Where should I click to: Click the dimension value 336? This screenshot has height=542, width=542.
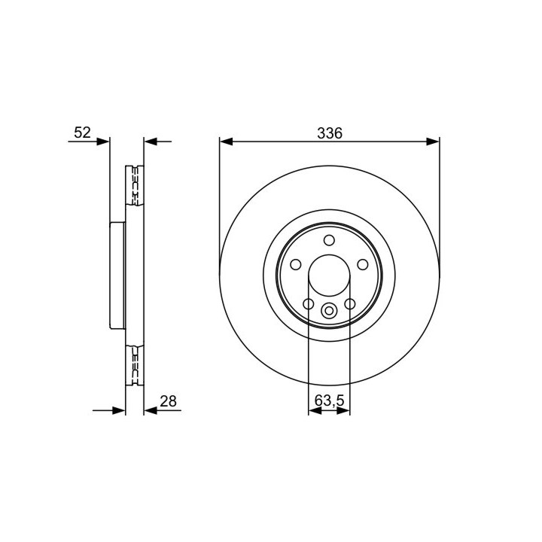tap(330, 133)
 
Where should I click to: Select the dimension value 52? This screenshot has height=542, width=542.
tap(82, 132)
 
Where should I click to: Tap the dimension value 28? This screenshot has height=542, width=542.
tap(169, 401)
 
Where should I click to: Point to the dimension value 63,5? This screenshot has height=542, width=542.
tap(330, 400)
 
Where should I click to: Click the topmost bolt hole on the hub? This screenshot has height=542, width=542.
tap(329, 240)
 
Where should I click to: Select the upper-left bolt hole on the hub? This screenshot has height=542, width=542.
tap(296, 265)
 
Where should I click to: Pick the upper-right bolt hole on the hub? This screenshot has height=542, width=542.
tap(363, 265)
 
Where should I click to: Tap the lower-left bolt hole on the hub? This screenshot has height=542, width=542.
tap(309, 304)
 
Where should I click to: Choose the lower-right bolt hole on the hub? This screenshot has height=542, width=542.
tap(350, 304)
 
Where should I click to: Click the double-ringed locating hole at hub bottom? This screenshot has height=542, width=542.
tap(329, 310)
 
